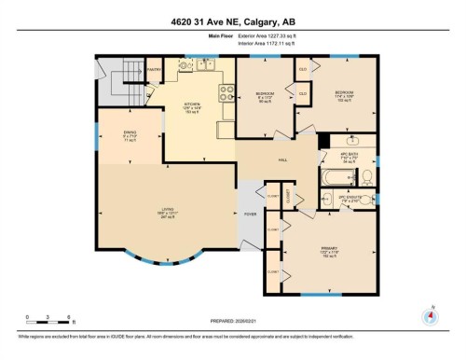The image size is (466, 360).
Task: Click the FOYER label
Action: [x=250, y=215]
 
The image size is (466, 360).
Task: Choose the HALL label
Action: [x=282, y=159]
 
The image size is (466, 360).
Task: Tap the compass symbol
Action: [x=430, y=315]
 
